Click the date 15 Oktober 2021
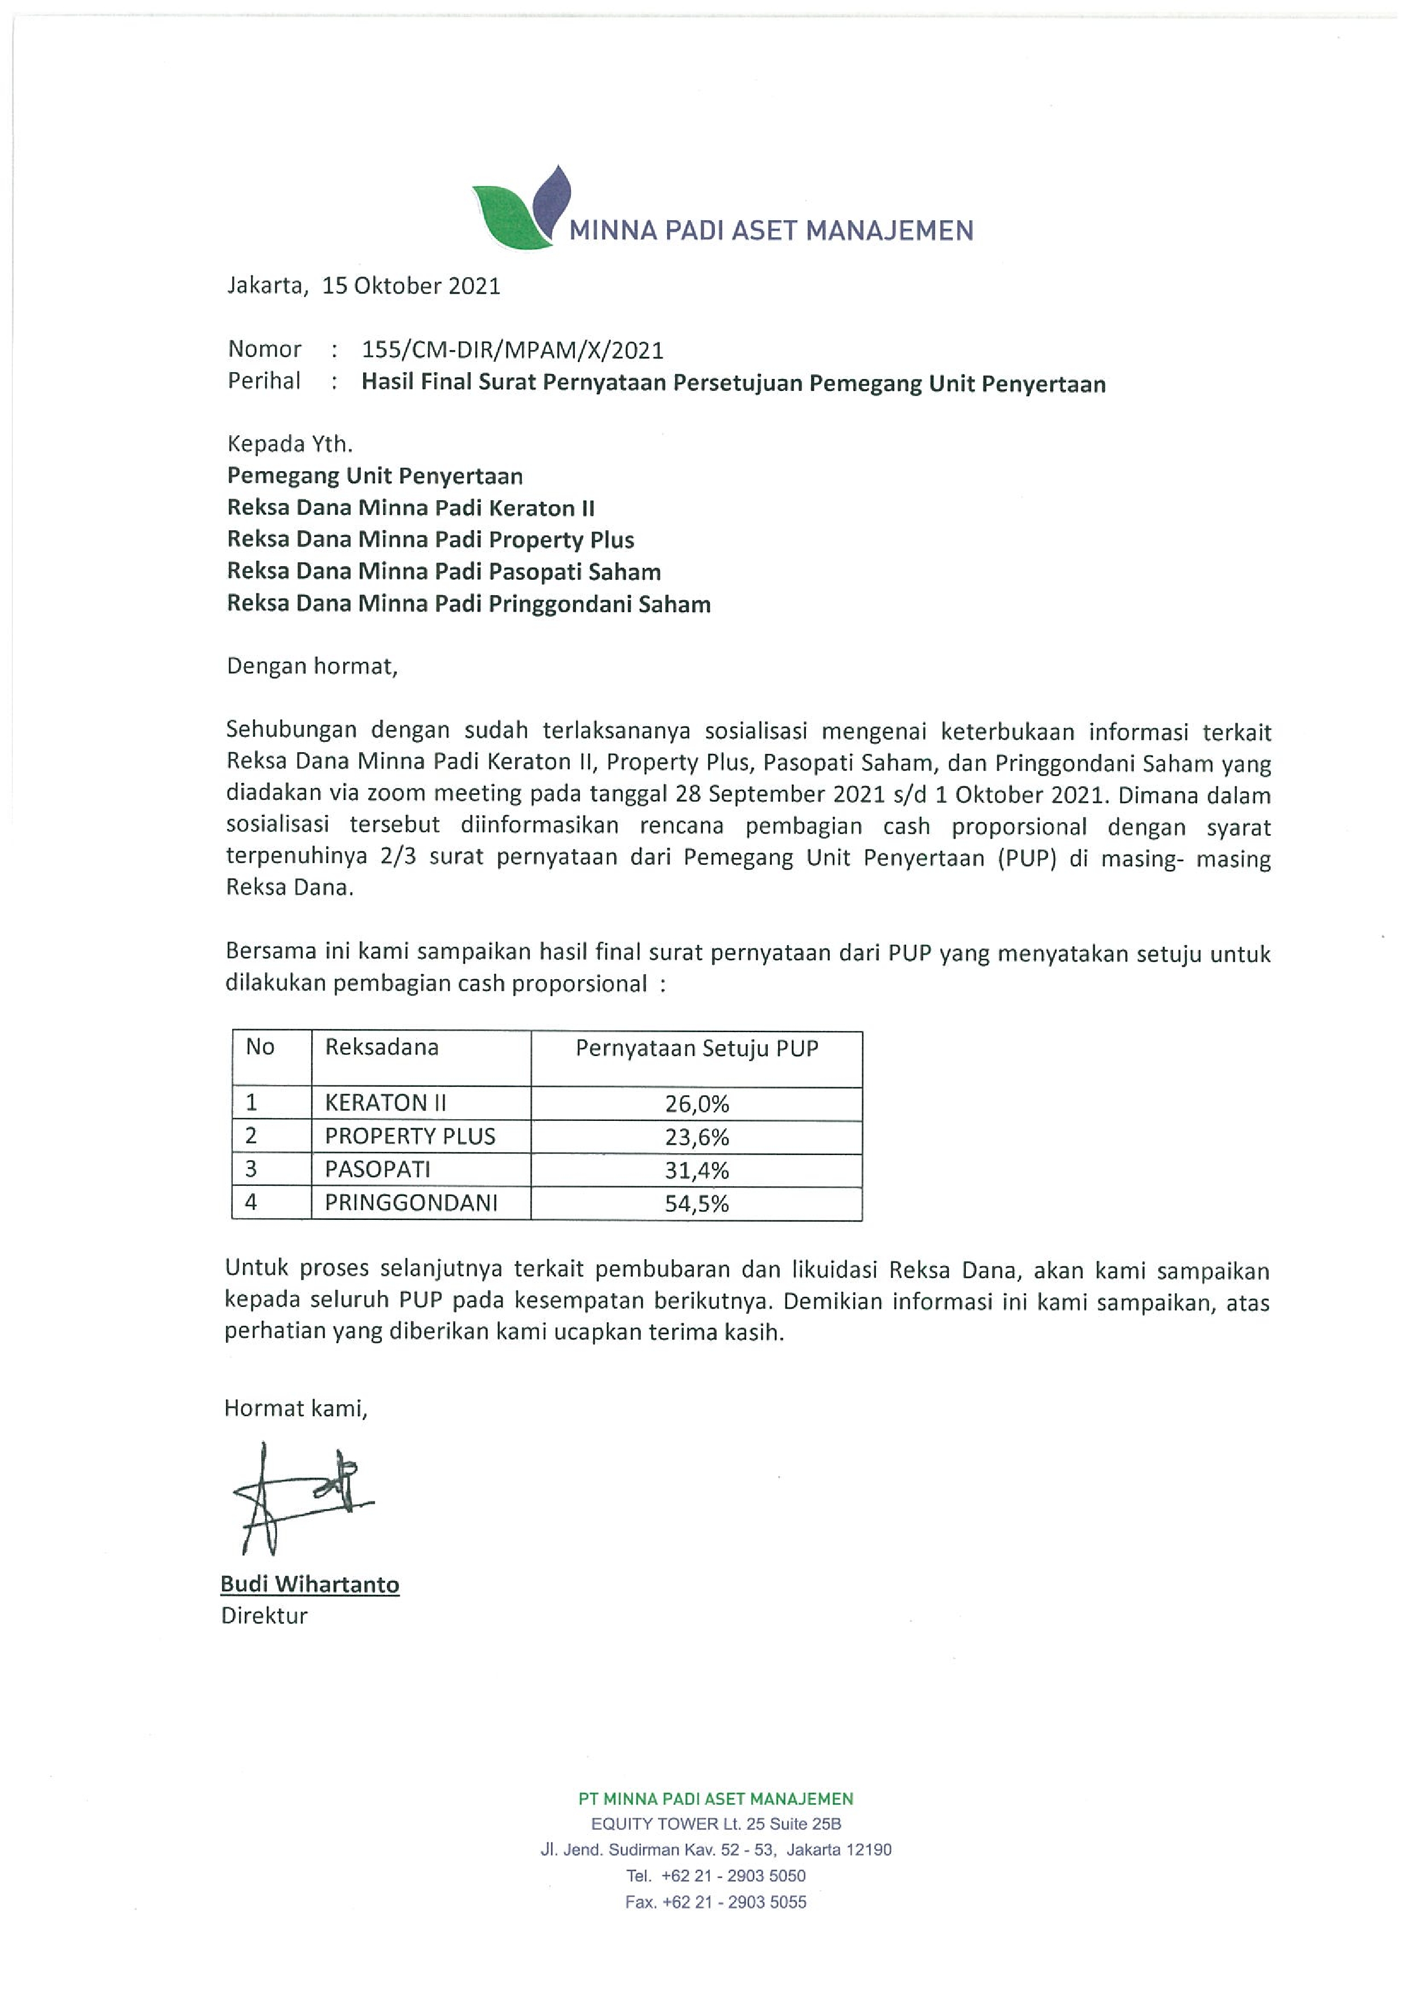coord(411,286)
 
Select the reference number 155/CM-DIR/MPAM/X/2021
coord(512,350)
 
